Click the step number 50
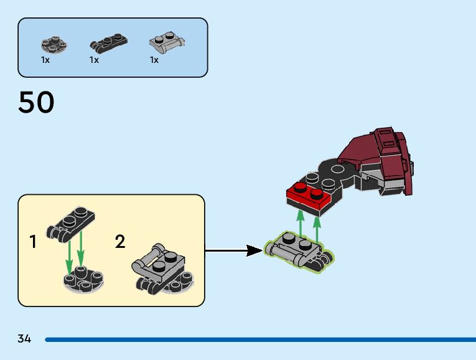pyautogui.click(x=36, y=103)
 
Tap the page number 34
pyautogui.click(x=24, y=339)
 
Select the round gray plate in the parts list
pyautogui.click(x=54, y=44)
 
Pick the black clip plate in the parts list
pyautogui.click(x=109, y=44)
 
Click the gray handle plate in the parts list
pyautogui.click(x=167, y=43)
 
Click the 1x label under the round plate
pyautogui.click(x=45, y=60)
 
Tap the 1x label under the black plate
pyautogui.click(x=94, y=60)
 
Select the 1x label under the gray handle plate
pyautogui.click(x=154, y=60)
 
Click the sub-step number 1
pyautogui.click(x=33, y=242)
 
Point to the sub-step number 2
pyautogui.click(x=120, y=242)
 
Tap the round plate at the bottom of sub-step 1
pyautogui.click(x=83, y=278)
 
